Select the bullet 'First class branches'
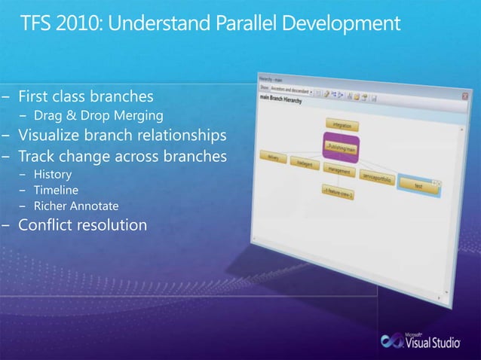86,96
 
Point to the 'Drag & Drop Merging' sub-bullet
98,115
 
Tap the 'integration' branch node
342,124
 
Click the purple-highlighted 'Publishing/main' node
342,146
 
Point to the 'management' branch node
340,172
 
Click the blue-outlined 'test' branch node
418,185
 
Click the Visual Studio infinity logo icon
392,340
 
